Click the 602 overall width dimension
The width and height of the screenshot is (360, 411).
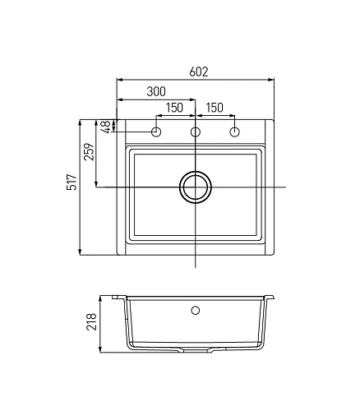(x=199, y=72)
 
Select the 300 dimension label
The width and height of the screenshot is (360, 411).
(x=156, y=91)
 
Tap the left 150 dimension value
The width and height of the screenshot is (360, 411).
(x=174, y=108)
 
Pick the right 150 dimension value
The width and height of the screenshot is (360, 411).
(x=215, y=108)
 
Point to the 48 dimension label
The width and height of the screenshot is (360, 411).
(x=106, y=127)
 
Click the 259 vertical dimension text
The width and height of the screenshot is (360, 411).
(x=89, y=151)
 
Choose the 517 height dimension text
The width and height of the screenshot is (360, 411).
(x=72, y=182)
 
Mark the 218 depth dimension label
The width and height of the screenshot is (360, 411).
(x=91, y=321)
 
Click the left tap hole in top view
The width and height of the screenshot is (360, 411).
(x=156, y=132)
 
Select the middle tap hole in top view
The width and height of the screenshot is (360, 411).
(x=196, y=132)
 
